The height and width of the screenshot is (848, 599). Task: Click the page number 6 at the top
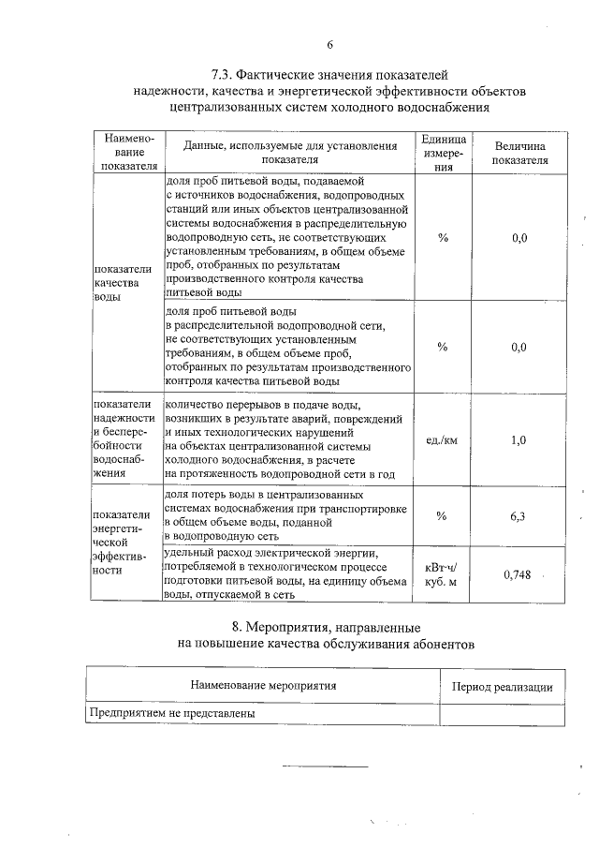point(329,44)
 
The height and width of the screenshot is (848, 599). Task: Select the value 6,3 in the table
point(519,515)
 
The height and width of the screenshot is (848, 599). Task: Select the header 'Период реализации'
point(503,687)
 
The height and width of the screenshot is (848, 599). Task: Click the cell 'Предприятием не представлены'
point(172,713)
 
